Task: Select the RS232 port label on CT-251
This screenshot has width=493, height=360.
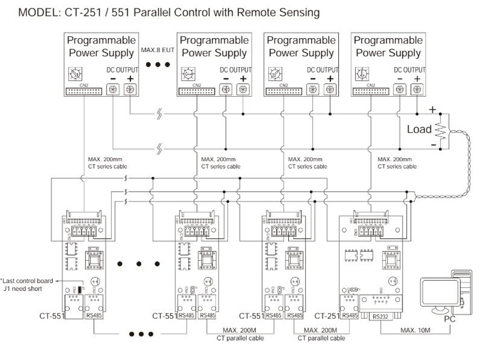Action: point(379,316)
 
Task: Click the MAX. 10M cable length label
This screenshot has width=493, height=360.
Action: point(415,330)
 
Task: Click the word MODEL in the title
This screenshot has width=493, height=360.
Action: point(35,13)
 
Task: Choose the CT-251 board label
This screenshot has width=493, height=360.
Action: point(327,316)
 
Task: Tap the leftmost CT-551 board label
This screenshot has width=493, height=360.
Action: point(51,316)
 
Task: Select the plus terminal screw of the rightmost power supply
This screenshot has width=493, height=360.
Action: point(416,89)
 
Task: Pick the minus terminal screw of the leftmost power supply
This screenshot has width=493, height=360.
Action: point(113,89)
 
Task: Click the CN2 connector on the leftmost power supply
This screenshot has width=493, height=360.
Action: point(84,91)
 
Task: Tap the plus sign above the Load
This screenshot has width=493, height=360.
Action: point(432,110)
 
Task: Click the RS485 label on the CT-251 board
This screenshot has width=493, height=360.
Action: point(350,316)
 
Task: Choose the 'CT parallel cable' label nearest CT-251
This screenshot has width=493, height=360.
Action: point(321,338)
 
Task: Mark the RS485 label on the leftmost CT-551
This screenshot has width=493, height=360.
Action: point(94,316)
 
